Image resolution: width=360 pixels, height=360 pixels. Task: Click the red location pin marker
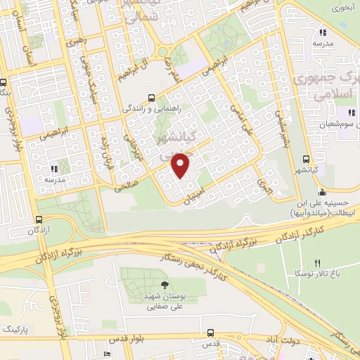181,165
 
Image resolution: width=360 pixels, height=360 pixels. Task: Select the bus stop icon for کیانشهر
305,159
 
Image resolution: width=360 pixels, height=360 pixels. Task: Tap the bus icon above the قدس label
210,333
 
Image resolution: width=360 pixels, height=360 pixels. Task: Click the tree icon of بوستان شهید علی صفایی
165,285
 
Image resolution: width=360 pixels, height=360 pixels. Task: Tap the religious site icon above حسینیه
322,193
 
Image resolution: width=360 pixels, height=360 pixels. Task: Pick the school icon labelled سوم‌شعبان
349,113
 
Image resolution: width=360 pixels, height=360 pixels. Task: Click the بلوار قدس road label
157,337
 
